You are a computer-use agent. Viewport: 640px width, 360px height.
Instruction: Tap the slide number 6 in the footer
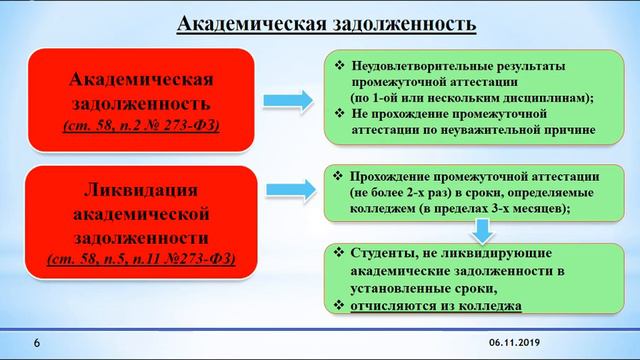click(x=37, y=343)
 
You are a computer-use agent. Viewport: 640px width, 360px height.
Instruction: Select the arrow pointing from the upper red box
click(x=286, y=100)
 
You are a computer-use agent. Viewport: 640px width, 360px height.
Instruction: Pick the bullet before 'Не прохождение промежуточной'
click(x=340, y=113)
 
